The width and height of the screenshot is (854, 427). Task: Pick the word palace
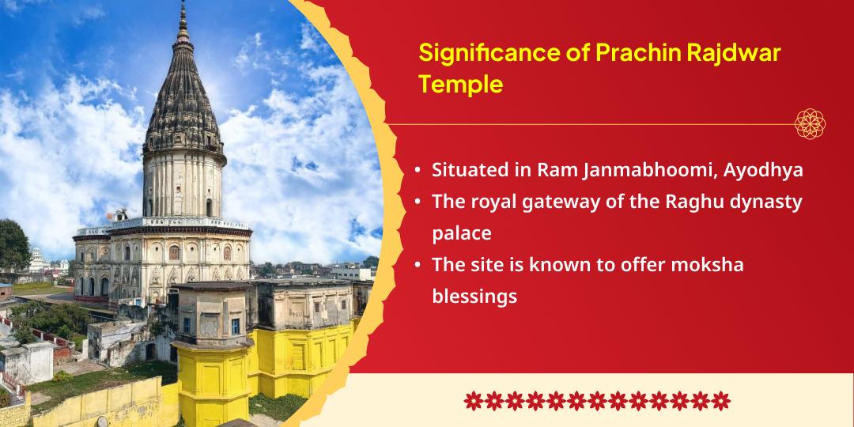pyautogui.click(x=461, y=234)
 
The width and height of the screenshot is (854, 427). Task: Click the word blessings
pyautogui.click(x=474, y=297)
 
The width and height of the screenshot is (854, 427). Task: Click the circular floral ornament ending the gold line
pyautogui.click(x=811, y=124)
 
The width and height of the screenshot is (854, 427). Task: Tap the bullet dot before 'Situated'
pyautogui.click(x=417, y=171)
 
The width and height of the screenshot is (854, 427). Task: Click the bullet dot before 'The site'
pyautogui.click(x=417, y=266)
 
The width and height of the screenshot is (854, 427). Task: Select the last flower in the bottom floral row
pyautogui.click(x=720, y=400)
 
